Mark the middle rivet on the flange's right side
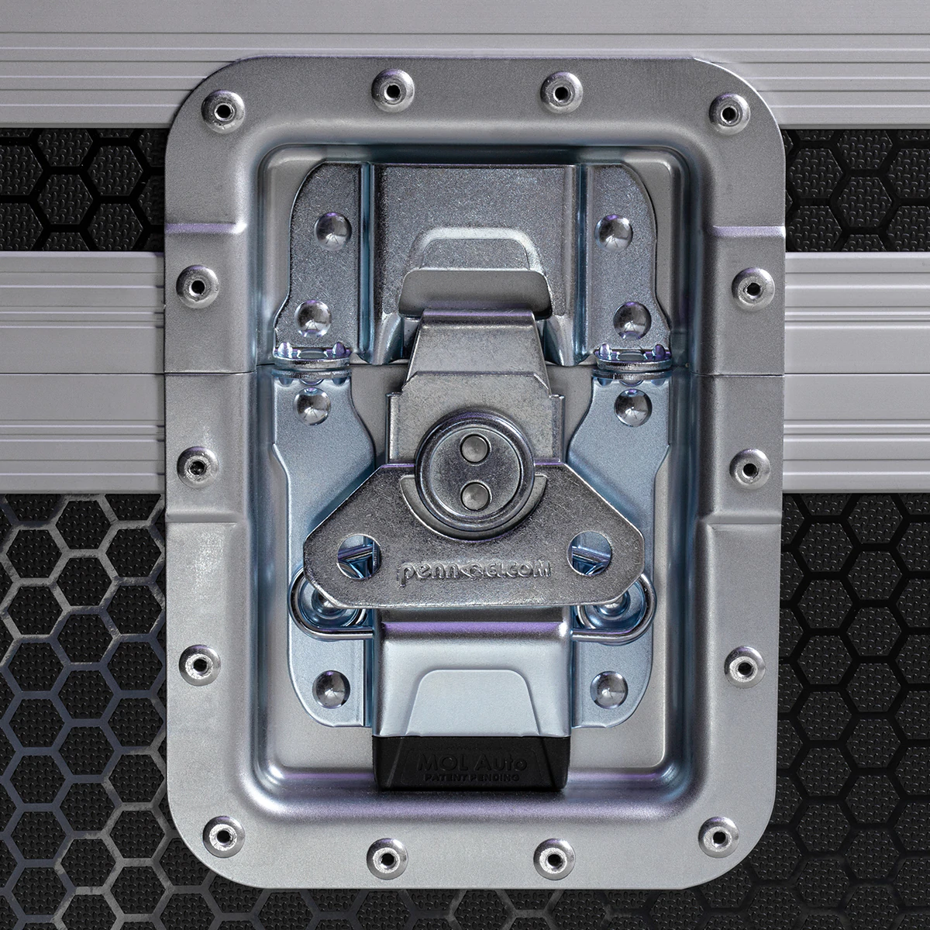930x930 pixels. coord(746,465)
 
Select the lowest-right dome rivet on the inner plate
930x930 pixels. coord(611,684)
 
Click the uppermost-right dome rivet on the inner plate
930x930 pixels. coord(614,226)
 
